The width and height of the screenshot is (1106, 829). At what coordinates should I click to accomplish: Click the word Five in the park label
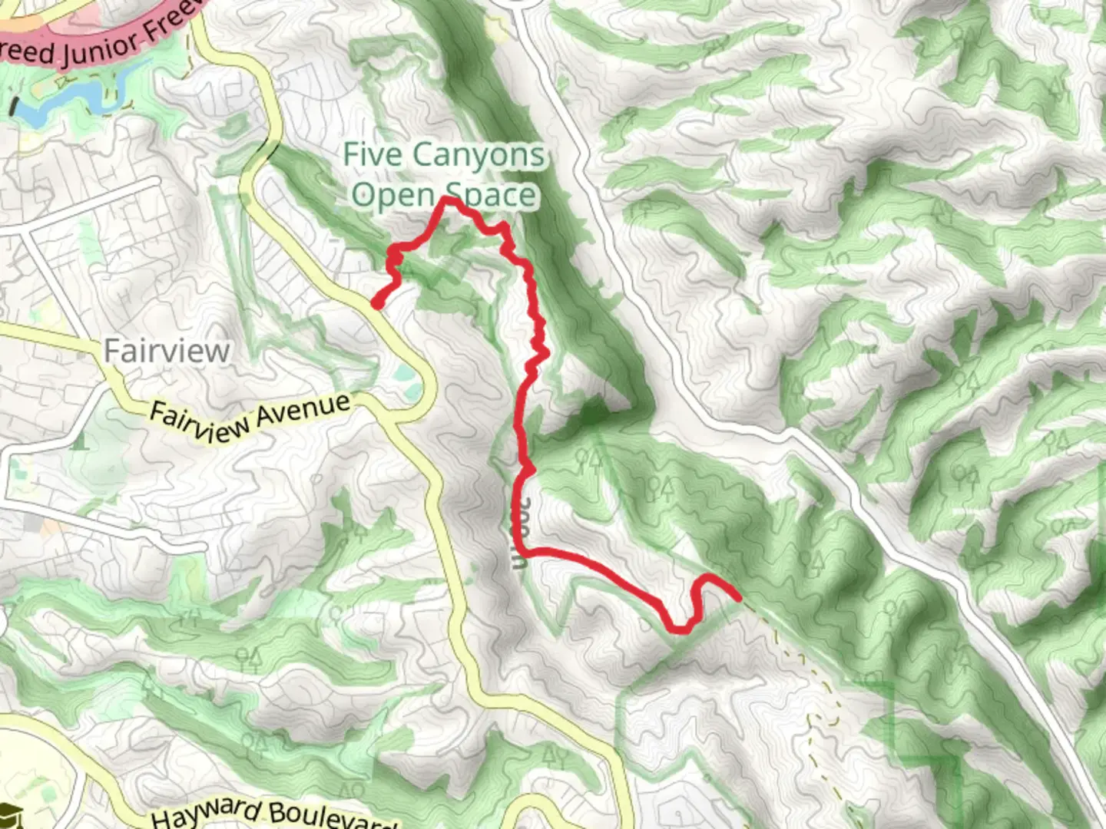[x=373, y=154]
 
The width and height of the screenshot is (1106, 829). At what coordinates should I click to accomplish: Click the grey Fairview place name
[x=167, y=351]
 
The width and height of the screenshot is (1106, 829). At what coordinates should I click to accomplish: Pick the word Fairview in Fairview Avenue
[x=197, y=423]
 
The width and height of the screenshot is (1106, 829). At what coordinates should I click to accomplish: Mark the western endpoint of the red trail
[x=377, y=305]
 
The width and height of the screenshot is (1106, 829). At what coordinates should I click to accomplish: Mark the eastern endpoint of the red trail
[x=737, y=596]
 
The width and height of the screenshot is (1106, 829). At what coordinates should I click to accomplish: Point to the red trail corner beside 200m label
[x=522, y=550]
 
